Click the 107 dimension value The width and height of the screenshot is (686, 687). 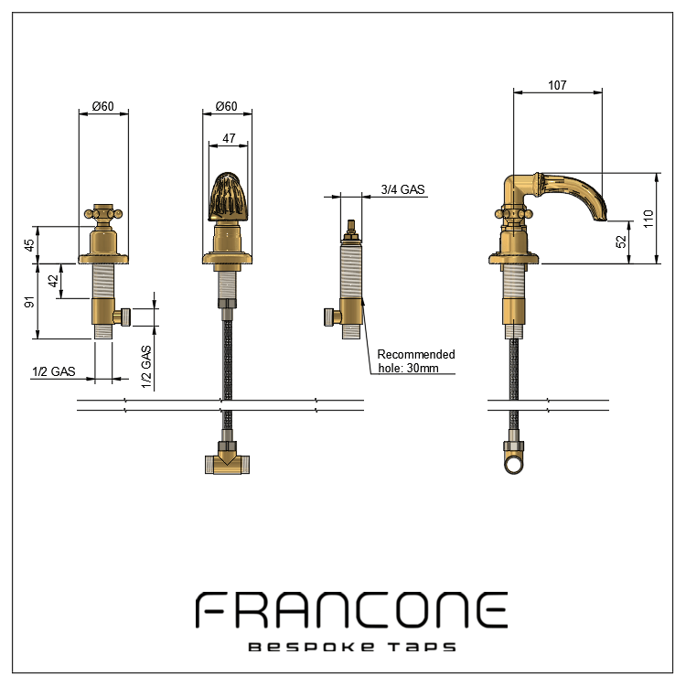[557, 85]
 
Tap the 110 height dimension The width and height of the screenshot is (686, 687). [648, 219]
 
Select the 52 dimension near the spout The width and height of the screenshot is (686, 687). [621, 242]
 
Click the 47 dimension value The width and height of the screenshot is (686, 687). [229, 138]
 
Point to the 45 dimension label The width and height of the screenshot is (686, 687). [29, 245]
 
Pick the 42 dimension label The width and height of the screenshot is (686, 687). [53, 282]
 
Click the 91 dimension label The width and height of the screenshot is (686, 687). [29, 301]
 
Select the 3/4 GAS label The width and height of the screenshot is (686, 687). [402, 189]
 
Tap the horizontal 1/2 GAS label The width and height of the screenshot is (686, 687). [53, 371]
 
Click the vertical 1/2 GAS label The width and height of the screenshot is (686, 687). [146, 368]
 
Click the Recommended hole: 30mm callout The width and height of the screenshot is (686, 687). [416, 361]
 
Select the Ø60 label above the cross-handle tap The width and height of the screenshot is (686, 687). [102, 106]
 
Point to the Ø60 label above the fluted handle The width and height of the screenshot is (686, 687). [226, 106]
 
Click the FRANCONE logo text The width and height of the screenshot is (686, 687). [352, 610]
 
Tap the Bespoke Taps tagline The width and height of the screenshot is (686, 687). [352, 647]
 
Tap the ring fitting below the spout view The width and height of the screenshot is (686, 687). [516, 456]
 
